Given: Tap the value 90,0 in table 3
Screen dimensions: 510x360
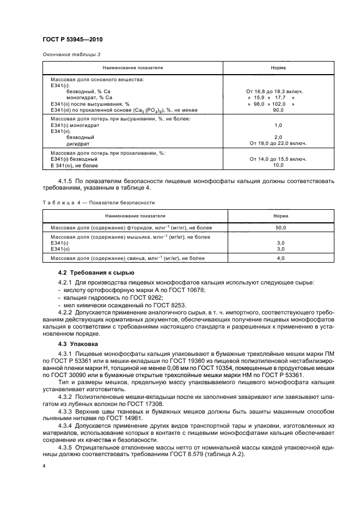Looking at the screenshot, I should tap(278, 110).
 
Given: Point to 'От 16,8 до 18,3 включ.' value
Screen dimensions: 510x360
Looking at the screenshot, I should tap(278, 92).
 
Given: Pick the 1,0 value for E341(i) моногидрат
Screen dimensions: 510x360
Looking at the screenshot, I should tap(278, 125).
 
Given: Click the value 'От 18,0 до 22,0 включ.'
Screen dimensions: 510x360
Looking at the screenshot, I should tap(278, 143).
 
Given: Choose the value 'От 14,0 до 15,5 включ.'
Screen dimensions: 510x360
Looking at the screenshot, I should tap(278, 159).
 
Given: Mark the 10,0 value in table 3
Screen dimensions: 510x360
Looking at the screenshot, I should tap(278, 165).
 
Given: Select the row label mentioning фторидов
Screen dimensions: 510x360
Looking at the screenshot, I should tap(131, 227).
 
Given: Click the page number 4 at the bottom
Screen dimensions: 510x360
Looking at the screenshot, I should tap(44, 466).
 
